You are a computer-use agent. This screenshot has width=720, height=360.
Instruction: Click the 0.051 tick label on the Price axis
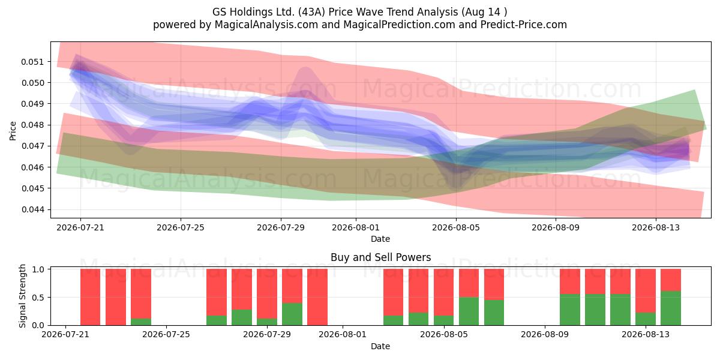coord(32,62)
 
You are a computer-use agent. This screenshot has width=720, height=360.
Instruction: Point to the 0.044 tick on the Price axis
coord(32,209)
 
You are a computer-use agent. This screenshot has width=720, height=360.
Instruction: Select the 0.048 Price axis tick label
coord(32,125)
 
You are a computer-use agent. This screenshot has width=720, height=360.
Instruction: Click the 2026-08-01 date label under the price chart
coord(356,227)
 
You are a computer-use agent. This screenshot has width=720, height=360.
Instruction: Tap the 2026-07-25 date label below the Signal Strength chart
coord(166,334)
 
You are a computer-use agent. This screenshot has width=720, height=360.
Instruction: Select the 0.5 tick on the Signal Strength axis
coord(38,298)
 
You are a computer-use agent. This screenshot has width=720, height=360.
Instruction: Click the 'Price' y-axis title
coord(13,131)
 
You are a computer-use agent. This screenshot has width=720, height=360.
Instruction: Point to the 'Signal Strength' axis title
coord(22,296)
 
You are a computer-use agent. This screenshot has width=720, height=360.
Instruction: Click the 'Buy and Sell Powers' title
coord(380,257)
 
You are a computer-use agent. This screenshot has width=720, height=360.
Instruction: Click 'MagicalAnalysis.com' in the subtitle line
coord(266,25)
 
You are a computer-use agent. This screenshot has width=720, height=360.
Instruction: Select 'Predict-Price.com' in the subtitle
coord(524,25)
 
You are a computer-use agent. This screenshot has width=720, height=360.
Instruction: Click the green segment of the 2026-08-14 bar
coord(671,308)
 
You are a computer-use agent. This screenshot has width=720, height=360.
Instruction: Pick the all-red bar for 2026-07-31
coord(317,297)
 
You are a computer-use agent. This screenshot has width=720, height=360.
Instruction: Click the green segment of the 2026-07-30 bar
coord(292,314)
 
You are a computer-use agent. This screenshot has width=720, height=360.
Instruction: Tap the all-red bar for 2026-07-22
coord(116,297)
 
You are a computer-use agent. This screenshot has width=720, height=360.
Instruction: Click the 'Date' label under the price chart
coord(380,239)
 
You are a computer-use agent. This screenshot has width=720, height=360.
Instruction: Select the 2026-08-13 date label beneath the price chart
coord(656,227)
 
